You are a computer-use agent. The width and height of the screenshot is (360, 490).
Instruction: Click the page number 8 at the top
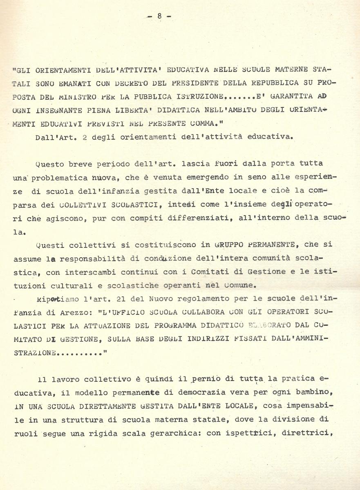pos(159,16)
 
